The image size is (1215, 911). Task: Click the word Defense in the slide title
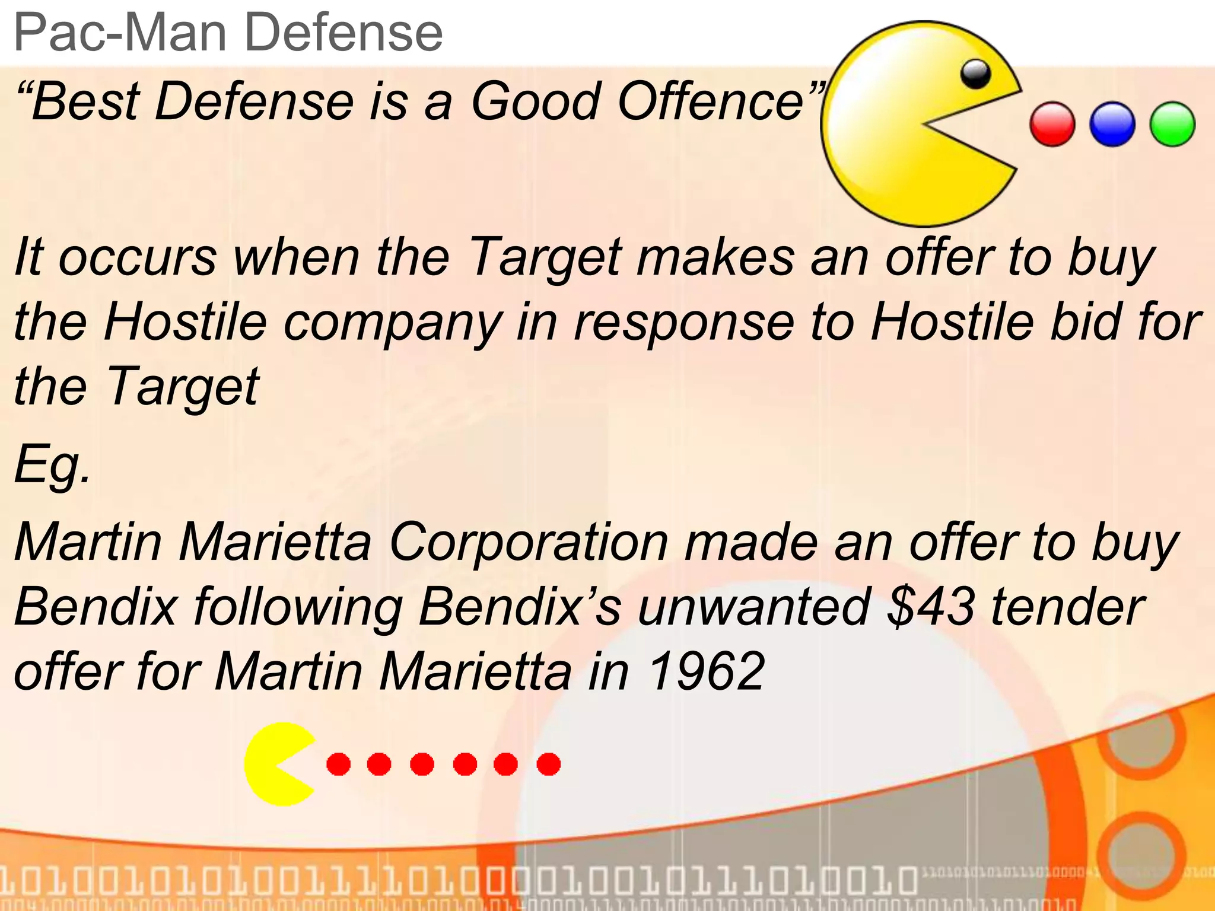(343, 33)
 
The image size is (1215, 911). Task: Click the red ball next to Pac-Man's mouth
(1052, 125)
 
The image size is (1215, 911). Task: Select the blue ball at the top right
(1112, 125)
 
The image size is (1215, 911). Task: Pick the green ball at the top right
(1172, 125)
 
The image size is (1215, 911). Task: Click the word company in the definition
(392, 324)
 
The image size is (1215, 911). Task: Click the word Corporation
(529, 542)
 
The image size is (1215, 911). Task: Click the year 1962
(705, 672)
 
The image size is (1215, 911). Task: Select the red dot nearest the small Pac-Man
(338, 764)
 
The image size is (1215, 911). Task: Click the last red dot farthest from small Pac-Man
(549, 764)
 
